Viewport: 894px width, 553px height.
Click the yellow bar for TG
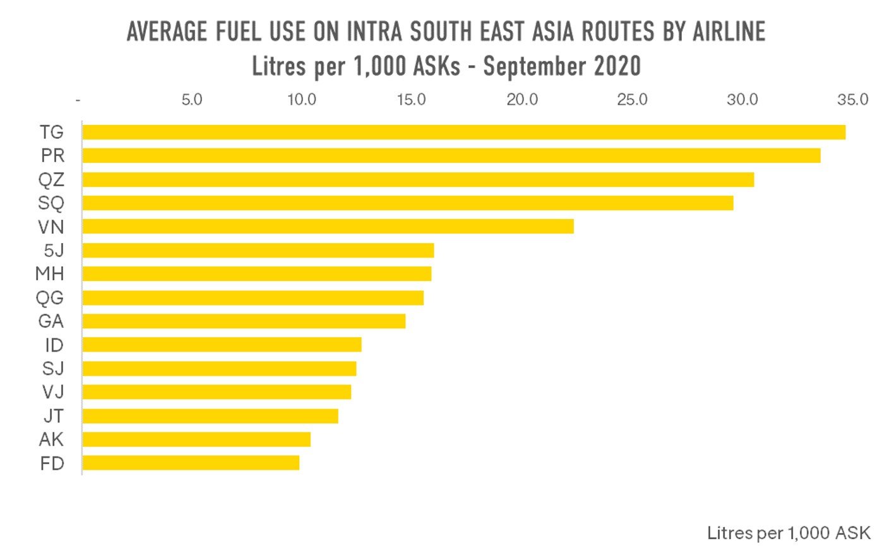click(463, 132)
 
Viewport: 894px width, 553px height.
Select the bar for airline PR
click(451, 155)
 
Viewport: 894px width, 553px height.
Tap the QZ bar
click(417, 179)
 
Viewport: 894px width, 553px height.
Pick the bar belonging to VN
click(328, 226)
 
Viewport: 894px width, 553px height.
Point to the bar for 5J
click(258, 250)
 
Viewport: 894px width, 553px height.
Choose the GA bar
click(243, 321)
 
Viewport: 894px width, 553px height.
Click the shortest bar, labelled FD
click(190, 463)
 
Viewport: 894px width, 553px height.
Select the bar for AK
click(196, 439)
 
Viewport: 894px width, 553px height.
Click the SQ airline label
click(51, 203)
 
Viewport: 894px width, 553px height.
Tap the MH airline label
click(50, 274)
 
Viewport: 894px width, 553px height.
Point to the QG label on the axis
click(50, 297)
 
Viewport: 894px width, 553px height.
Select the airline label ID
click(54, 345)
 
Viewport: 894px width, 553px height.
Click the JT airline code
click(53, 416)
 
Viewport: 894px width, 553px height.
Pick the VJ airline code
click(53, 392)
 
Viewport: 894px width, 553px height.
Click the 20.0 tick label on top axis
click(522, 100)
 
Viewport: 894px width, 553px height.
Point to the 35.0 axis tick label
click(852, 100)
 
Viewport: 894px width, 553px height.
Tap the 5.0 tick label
click(191, 100)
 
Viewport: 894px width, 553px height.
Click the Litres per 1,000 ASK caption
click(788, 533)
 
